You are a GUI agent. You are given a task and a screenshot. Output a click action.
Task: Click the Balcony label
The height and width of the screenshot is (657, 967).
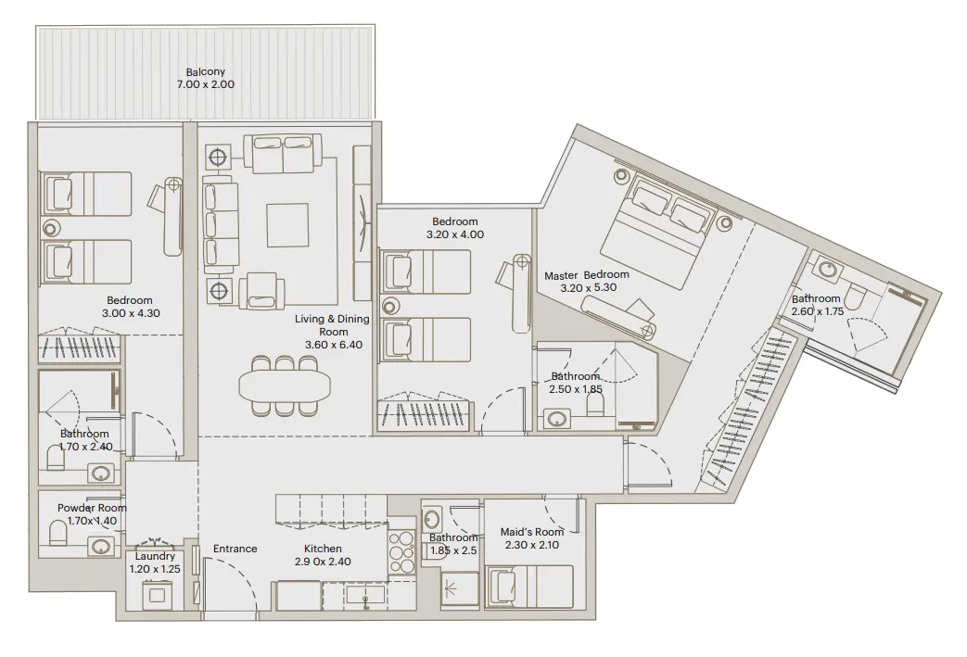coord(205,71)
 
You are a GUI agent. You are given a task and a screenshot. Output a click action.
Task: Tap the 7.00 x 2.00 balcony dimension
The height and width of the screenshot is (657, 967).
coord(205,84)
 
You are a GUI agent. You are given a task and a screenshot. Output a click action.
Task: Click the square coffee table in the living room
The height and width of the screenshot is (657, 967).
coord(287,223)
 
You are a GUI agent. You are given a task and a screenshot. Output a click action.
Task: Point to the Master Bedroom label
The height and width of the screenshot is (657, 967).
coord(586,275)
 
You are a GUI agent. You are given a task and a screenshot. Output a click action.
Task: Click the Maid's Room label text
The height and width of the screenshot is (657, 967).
coord(532,532)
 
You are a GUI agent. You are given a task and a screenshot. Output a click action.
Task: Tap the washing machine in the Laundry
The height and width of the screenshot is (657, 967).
coord(158,594)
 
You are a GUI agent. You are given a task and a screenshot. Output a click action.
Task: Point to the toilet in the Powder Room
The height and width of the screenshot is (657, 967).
coord(58,534)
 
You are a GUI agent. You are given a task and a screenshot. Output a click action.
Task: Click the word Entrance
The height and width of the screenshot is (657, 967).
coord(235,549)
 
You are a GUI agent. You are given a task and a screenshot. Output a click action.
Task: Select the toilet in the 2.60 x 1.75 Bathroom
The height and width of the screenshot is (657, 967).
coord(858,299)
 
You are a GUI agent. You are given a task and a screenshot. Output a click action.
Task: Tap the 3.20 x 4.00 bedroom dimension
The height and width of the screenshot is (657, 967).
coord(454,234)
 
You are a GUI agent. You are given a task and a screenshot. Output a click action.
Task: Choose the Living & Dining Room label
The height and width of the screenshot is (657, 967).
coord(332,325)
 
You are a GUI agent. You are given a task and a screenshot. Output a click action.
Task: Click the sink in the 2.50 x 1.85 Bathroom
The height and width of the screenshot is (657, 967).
coord(558,420)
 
